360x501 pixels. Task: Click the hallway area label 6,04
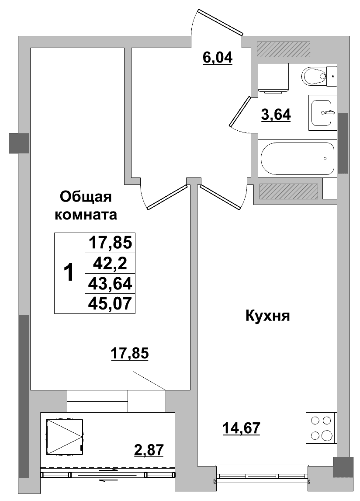218,58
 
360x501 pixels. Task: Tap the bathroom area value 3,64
276,115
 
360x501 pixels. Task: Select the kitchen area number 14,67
241,428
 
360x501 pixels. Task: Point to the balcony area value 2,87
149,450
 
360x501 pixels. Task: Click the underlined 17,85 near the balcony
130,354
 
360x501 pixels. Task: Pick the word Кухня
268,317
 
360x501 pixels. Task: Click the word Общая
86,197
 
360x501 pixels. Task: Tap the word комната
86,215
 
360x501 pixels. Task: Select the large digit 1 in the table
69,272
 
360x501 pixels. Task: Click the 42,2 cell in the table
110,264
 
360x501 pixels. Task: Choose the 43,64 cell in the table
110,283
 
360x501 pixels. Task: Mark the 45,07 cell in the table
110,303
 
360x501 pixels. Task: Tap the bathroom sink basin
322,112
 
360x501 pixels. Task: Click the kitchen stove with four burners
322,428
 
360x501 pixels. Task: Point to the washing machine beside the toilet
273,78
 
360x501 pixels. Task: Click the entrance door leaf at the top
220,22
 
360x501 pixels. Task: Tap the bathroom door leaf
239,111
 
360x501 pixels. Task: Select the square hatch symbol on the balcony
65,437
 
